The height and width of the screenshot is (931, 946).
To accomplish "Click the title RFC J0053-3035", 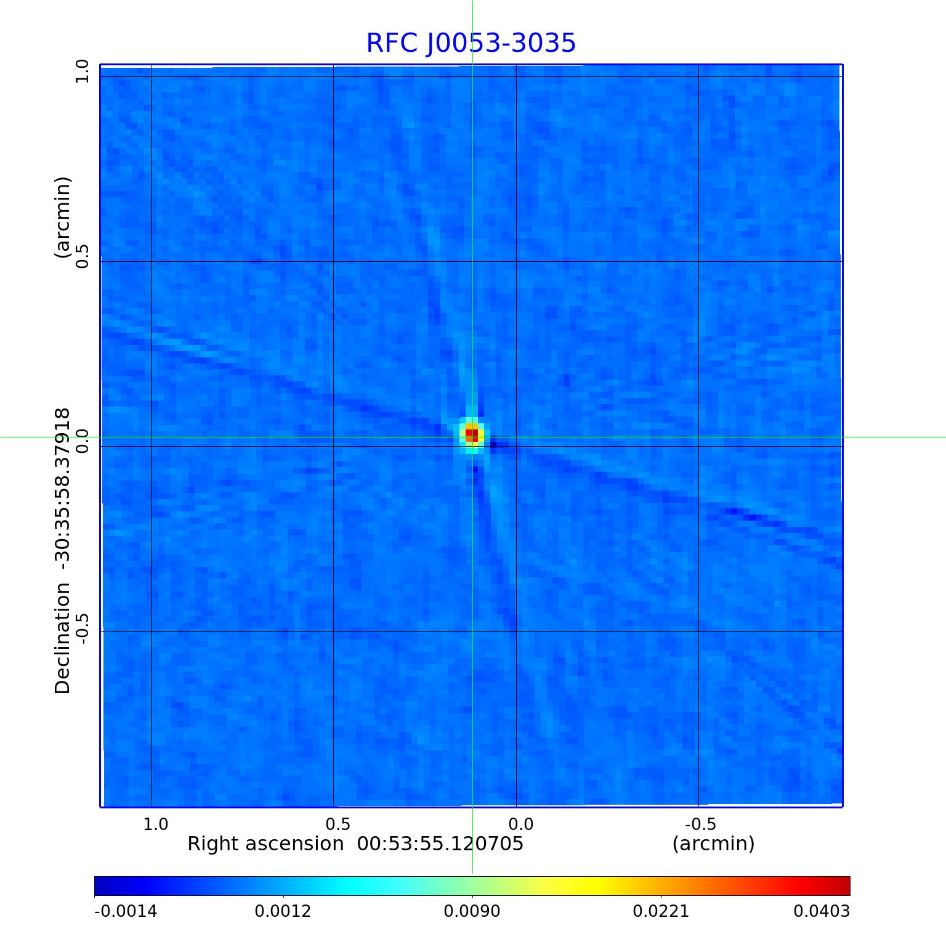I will click(x=471, y=43).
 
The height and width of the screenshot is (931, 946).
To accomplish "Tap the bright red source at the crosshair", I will click(x=472, y=435).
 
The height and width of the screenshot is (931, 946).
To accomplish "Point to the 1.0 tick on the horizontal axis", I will click(x=155, y=824).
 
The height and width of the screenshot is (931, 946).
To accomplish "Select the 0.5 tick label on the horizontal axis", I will click(x=338, y=824).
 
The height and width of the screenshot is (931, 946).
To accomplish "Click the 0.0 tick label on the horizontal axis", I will click(x=520, y=824).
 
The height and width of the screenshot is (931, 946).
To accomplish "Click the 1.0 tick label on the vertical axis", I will click(x=83, y=71).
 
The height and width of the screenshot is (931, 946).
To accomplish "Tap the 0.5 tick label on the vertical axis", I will click(x=83, y=256).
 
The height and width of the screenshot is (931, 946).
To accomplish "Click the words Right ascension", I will click(x=265, y=844).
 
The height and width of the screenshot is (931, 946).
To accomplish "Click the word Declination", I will click(x=63, y=638).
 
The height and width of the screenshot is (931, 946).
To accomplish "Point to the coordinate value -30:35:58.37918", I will click(x=63, y=487).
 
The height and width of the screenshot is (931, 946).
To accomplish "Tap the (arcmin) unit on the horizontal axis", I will click(x=713, y=844).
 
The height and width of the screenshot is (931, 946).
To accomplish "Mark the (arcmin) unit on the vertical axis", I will click(x=63, y=217).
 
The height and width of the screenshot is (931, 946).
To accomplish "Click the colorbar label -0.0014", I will click(x=126, y=911).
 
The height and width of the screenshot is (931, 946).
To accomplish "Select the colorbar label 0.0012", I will click(x=283, y=911).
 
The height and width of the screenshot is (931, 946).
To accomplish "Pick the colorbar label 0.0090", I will click(x=472, y=911).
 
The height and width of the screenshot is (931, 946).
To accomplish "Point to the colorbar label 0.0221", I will click(x=661, y=911).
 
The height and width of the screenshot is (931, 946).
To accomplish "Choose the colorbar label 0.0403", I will click(x=822, y=911).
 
